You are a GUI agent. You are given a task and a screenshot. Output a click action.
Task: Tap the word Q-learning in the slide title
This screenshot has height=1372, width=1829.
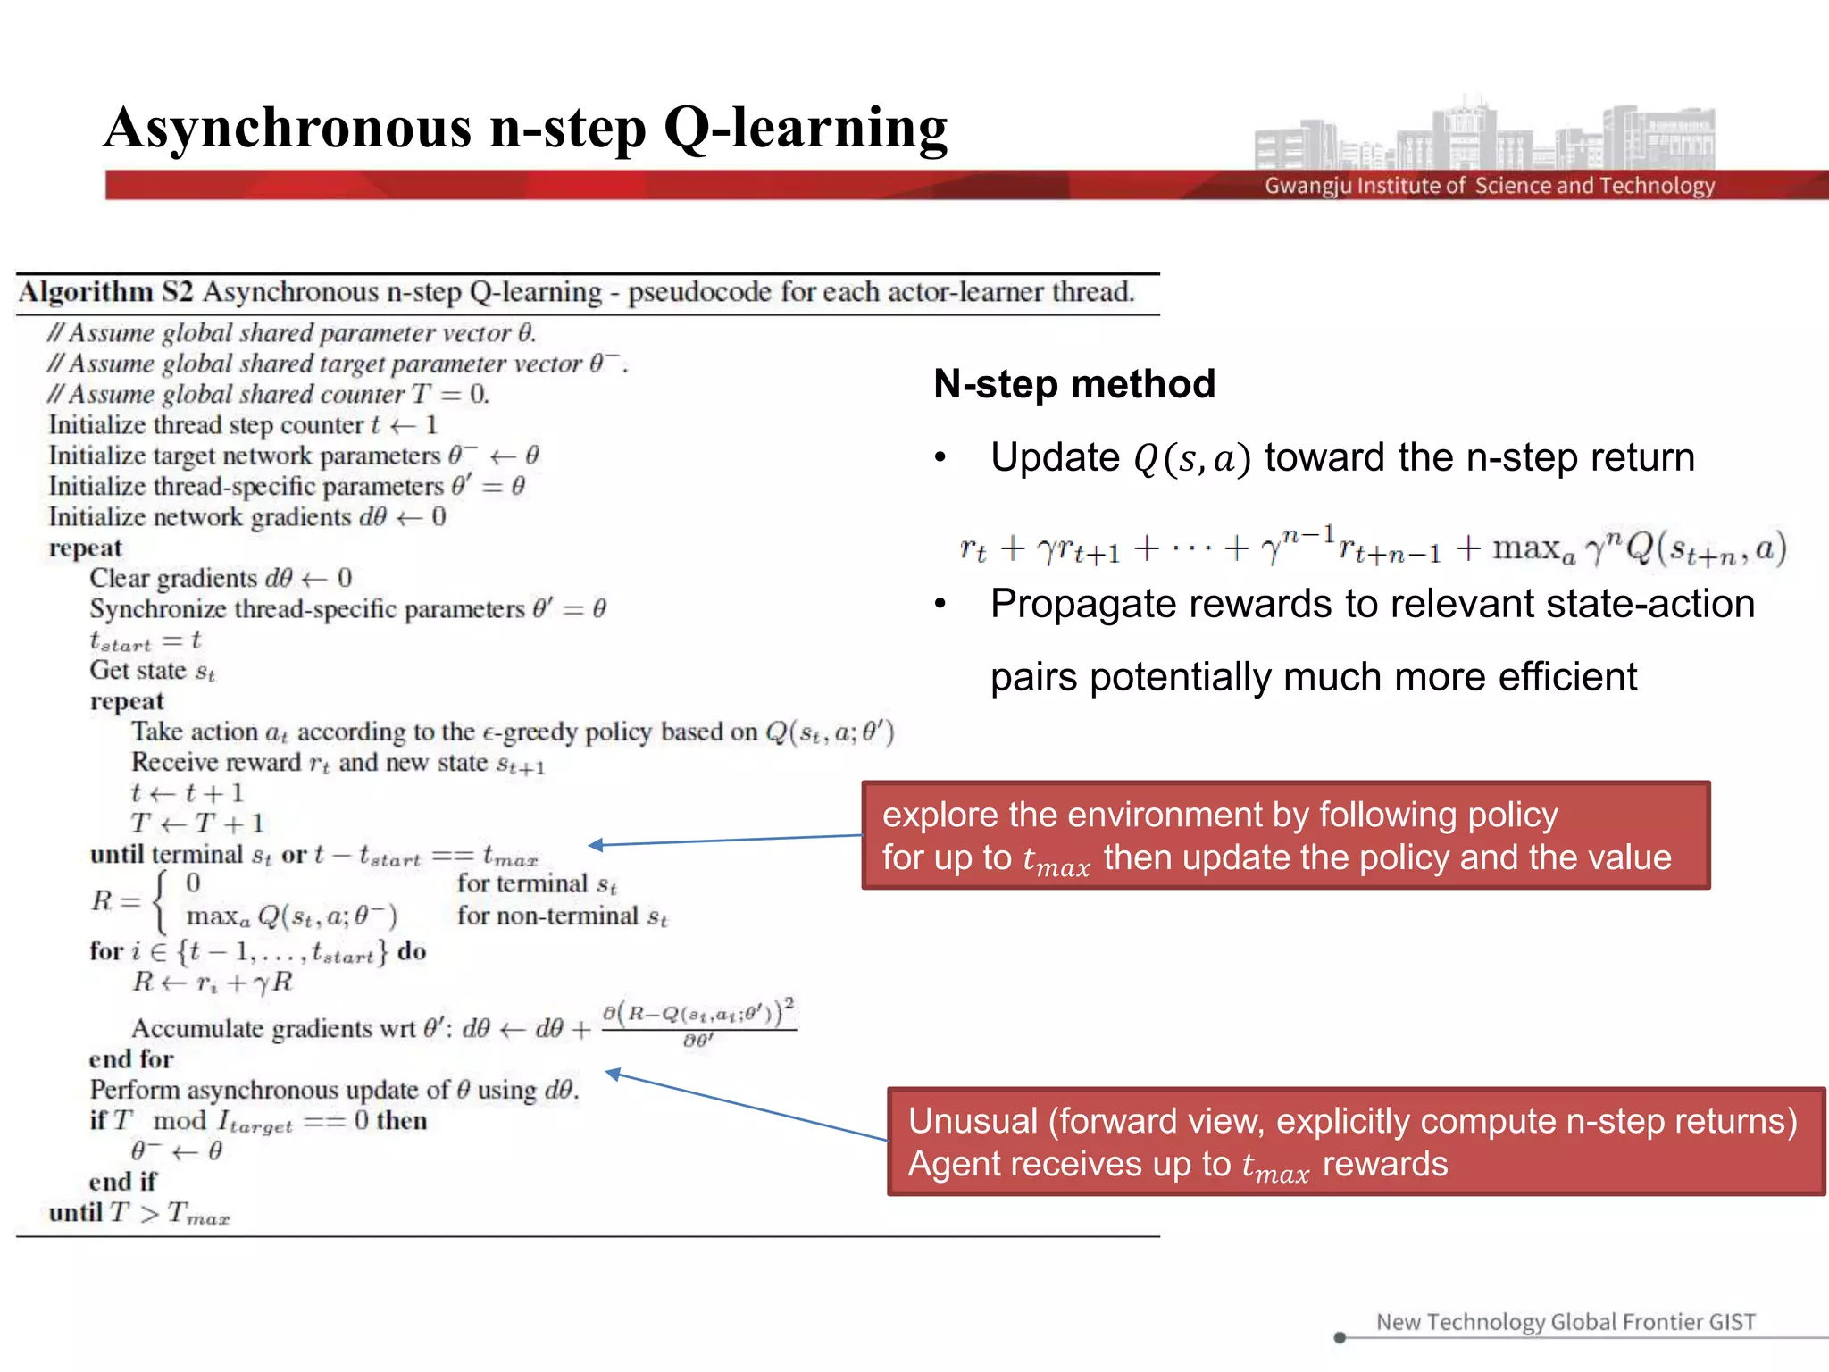(x=806, y=129)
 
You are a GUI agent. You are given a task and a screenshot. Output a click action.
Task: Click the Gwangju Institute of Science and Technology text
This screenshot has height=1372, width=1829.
(x=1489, y=186)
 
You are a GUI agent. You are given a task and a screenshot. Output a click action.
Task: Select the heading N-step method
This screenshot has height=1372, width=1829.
(x=1074, y=384)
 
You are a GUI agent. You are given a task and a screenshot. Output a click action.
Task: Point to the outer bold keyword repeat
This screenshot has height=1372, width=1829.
(x=85, y=548)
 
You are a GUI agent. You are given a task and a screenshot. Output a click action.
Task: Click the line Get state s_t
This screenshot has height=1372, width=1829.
(x=152, y=671)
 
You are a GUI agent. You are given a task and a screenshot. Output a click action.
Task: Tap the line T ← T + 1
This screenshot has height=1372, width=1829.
(x=197, y=824)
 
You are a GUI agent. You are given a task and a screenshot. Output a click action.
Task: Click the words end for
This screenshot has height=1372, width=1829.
(x=131, y=1059)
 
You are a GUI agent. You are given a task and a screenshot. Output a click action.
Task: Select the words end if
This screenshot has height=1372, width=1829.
(x=122, y=1182)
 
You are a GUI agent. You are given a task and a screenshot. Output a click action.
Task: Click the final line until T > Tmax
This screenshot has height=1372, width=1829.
(x=139, y=1213)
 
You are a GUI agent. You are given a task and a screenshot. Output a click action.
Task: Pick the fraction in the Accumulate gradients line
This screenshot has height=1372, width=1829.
(x=698, y=1025)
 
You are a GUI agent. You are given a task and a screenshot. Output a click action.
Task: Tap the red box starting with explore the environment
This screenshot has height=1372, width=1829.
(x=1285, y=835)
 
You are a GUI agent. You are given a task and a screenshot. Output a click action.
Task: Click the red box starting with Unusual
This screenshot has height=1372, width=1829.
(x=1355, y=1142)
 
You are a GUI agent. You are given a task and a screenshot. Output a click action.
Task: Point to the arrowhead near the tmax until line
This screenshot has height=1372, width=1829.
(x=595, y=845)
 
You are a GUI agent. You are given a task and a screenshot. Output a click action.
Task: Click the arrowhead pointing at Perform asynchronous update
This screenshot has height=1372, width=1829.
(x=613, y=1074)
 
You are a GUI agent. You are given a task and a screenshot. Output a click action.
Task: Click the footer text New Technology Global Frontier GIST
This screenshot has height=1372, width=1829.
(x=1565, y=1322)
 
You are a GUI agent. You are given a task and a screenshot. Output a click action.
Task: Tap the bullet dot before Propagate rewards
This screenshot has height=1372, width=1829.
(x=940, y=605)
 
